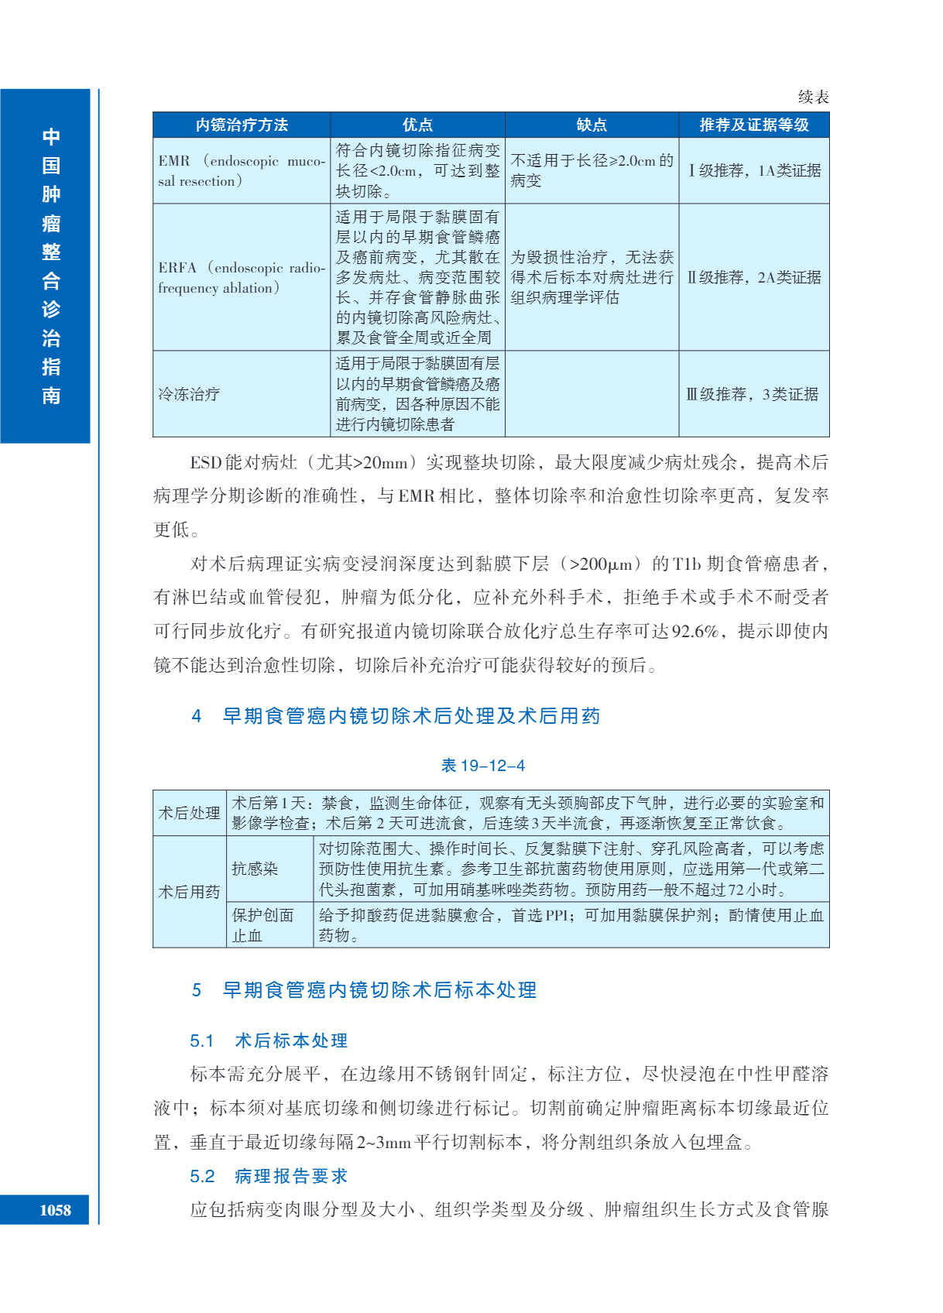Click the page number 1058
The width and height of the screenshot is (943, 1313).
(x=55, y=1210)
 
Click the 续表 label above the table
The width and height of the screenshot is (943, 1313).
(x=813, y=97)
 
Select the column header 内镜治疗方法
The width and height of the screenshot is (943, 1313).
(x=242, y=125)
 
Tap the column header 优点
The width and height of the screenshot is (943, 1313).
(x=417, y=125)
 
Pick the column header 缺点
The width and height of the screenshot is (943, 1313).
(x=592, y=125)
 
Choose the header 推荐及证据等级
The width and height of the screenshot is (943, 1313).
(x=753, y=125)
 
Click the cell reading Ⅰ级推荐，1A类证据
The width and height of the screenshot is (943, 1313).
(x=754, y=170)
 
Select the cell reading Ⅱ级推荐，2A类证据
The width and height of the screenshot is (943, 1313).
(x=754, y=277)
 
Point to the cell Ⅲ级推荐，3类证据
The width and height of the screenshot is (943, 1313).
(x=753, y=394)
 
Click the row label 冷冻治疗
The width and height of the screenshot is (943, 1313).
(x=189, y=394)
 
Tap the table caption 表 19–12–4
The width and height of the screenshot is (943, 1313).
(x=482, y=766)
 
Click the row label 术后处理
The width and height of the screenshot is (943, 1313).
(x=190, y=813)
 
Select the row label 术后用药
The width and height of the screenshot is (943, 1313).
(x=190, y=892)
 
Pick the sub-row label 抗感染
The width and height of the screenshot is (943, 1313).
(x=255, y=869)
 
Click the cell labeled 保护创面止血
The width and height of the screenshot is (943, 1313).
(x=263, y=925)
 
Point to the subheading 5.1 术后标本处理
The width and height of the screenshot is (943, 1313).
(x=269, y=1040)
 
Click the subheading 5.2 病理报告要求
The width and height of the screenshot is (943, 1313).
(x=269, y=1176)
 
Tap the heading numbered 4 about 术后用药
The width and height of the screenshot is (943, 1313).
(x=396, y=716)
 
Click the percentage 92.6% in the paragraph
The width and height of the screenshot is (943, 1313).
(x=694, y=631)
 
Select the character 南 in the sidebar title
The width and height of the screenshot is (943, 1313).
(x=51, y=396)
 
